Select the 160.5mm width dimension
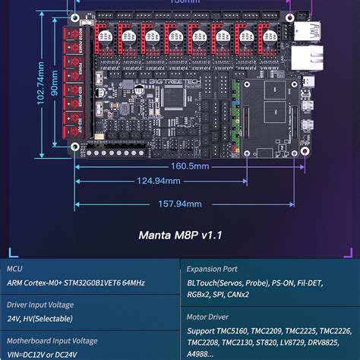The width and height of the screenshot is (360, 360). point(189,165)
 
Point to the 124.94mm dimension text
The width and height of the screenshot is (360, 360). point(158,181)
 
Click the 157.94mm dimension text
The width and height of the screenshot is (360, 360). point(180,204)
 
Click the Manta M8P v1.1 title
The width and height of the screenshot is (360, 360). point(180,235)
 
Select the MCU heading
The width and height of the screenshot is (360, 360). point(14,268)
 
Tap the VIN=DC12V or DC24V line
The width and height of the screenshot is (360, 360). point(49,353)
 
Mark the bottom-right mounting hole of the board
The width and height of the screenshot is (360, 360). point(305,150)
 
